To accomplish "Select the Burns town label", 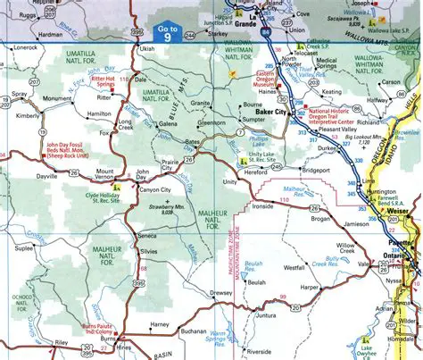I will click(x=108, y=340).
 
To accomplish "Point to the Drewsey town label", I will click(x=221, y=292).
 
